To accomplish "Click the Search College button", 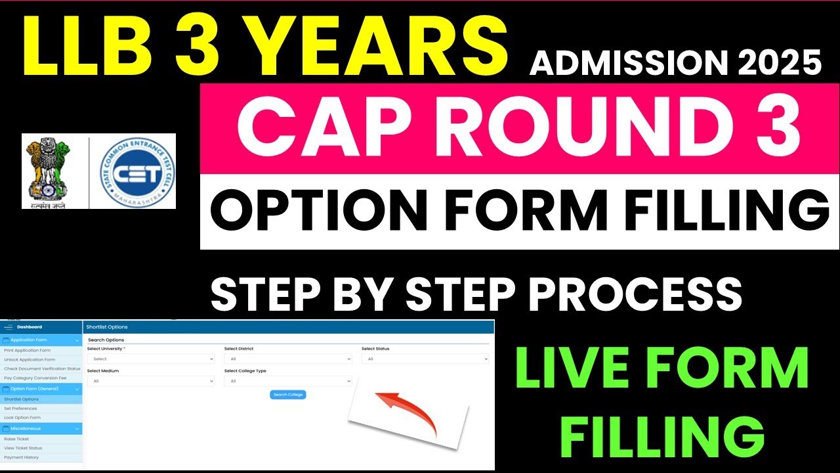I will (287, 394).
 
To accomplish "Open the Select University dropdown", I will (151, 359).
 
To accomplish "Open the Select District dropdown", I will (287, 359).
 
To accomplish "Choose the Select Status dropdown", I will (425, 359).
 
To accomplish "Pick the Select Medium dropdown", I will (151, 381).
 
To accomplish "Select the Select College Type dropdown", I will (287, 381).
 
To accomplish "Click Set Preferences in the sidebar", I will (20, 409).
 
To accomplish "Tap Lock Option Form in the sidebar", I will (22, 418).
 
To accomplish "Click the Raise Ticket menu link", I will (16, 438).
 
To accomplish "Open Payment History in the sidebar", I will (21, 457).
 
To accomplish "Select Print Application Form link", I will (27, 350).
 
